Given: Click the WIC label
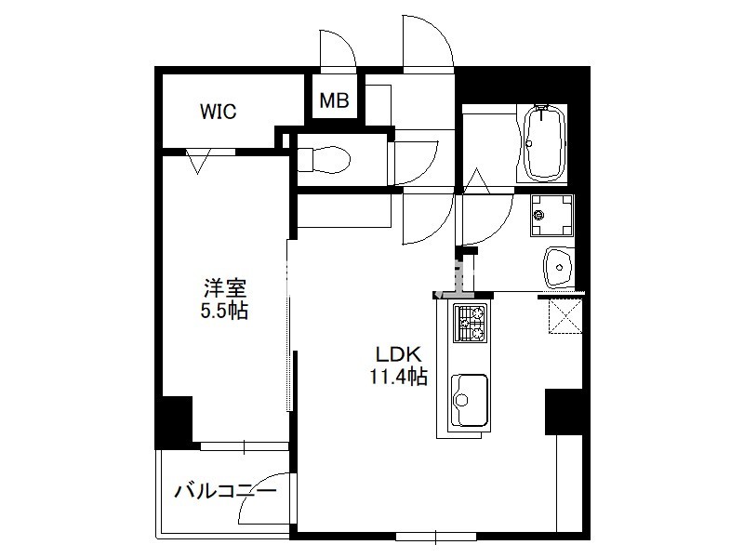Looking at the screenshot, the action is click(218, 112).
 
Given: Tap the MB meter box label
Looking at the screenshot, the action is click(334, 100).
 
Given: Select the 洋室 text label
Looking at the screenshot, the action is click(225, 288).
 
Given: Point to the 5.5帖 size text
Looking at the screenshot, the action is click(224, 311).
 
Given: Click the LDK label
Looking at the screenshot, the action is click(399, 354).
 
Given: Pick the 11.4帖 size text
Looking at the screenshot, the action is click(399, 377).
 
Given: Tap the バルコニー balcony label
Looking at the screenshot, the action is click(225, 491).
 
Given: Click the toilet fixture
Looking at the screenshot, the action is click(324, 159).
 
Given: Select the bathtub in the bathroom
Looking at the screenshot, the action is click(545, 142).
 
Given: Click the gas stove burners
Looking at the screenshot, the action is click(471, 323).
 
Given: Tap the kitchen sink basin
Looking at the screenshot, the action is click(469, 400).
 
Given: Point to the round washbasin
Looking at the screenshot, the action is click(559, 267).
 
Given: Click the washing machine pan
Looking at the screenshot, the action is click(551, 216).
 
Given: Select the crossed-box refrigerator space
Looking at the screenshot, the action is click(565, 316).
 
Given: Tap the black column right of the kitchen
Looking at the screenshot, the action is click(565, 412).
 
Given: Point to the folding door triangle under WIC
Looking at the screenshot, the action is click(198, 161).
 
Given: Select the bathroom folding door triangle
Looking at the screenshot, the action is click(476, 180).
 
